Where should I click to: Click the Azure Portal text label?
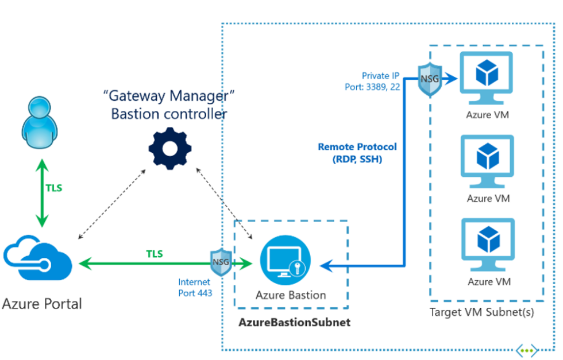tap(42, 303)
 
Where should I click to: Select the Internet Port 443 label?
tap(194, 288)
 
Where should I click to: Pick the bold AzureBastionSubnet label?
tap(294, 322)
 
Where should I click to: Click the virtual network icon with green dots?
tap(526, 350)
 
